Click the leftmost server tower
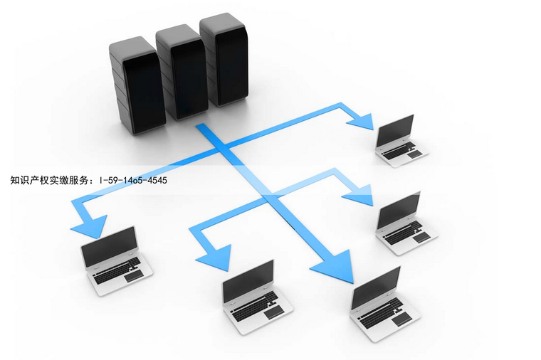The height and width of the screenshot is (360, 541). pyautogui.click(x=137, y=86)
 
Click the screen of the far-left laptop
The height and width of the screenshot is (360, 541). pyautogui.click(x=109, y=246)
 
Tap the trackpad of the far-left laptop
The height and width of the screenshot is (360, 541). pyautogui.click(x=135, y=276)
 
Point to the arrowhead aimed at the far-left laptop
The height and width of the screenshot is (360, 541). pyautogui.click(x=90, y=226)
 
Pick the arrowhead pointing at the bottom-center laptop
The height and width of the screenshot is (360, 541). pyautogui.click(x=214, y=258)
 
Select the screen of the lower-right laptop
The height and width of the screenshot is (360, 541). pyautogui.click(x=376, y=287)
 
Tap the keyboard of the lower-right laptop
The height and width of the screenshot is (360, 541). pyautogui.click(x=380, y=314)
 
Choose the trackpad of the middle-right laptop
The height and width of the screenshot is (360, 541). pyautogui.click(x=422, y=237)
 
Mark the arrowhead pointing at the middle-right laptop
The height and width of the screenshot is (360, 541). pyautogui.click(x=359, y=195)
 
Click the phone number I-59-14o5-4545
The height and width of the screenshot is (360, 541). pyautogui.click(x=133, y=180)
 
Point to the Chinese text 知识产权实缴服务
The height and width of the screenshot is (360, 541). pyautogui.click(x=49, y=180)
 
